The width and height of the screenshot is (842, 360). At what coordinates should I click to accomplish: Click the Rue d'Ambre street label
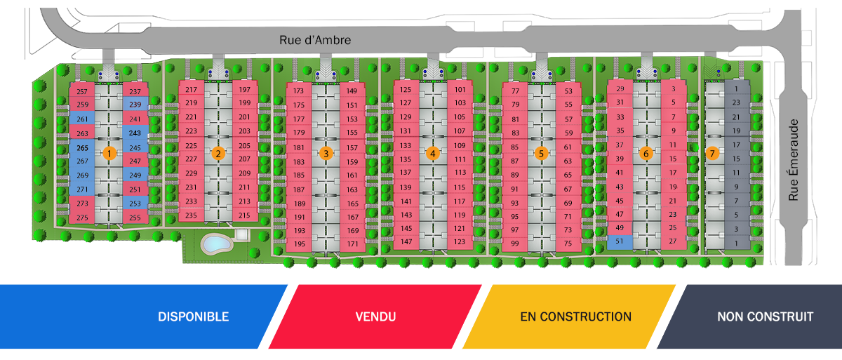(x=315, y=40)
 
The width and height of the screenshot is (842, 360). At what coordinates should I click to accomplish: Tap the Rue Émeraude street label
(x=793, y=160)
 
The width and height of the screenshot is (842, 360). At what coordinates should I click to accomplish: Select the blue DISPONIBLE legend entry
(x=144, y=316)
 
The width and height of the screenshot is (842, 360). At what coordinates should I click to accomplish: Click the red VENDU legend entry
(x=375, y=316)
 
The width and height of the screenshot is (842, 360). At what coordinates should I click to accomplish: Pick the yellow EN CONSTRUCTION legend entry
(x=569, y=316)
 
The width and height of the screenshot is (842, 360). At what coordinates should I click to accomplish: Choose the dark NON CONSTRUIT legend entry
(x=749, y=316)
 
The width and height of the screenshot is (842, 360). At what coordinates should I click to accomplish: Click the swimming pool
(x=216, y=244)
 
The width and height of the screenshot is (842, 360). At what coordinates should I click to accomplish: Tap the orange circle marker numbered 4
(x=433, y=153)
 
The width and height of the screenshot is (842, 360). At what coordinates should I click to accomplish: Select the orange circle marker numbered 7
(x=712, y=153)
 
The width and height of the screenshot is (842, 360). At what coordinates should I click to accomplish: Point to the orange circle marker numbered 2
(x=218, y=153)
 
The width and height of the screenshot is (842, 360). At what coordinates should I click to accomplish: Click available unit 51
(x=620, y=241)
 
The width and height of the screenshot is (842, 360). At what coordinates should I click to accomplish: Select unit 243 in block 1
(x=135, y=133)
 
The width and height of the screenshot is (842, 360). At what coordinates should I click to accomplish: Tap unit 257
(x=82, y=91)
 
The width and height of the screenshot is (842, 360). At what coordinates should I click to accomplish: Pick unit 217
(x=192, y=89)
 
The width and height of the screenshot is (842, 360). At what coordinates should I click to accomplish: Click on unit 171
(x=352, y=244)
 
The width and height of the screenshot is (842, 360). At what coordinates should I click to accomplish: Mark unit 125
(x=406, y=89)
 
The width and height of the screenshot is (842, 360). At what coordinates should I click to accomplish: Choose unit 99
(x=514, y=243)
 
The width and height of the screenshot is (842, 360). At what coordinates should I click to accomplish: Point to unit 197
(x=245, y=89)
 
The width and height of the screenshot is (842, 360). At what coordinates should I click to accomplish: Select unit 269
(x=82, y=175)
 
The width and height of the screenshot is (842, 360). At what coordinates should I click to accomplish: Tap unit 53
(x=568, y=91)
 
